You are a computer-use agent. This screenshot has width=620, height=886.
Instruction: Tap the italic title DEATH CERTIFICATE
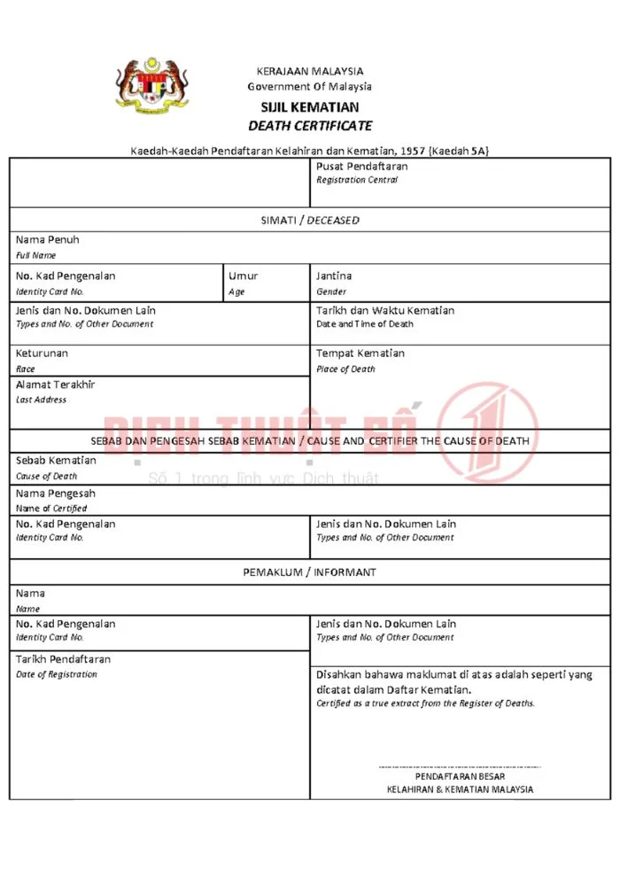pos(310,126)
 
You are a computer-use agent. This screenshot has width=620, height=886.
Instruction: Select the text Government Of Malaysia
pos(310,87)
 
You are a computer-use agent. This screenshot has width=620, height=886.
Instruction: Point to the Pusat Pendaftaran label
pos(361,167)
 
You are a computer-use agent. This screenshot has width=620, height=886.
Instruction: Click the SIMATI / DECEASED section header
pos(310,220)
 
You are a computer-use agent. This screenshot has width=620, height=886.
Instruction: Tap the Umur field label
pos(243,276)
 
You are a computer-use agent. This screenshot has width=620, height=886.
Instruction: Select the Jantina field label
pos(334,276)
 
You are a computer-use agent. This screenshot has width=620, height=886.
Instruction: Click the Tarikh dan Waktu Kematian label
pos(385,311)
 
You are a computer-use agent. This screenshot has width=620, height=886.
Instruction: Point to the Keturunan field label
pos(42,354)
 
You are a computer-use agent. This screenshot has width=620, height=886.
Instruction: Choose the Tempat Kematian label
pos(360,354)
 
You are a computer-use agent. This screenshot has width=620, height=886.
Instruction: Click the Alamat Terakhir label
pos(55,385)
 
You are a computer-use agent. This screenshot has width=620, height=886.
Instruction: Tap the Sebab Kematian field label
pos(56,461)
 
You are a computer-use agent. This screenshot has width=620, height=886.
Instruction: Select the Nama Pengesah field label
pos(55,494)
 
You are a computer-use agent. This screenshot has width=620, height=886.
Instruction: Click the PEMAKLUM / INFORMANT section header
pos(310,572)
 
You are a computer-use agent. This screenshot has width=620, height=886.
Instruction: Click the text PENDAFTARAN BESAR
pos(461,776)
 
